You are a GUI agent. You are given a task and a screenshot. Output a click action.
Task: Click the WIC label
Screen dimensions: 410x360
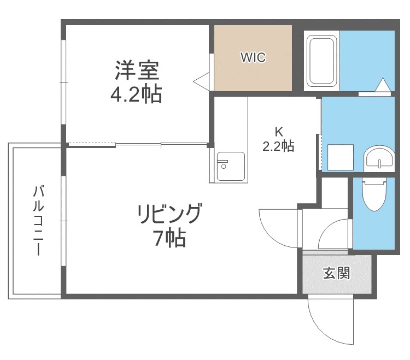point(253,57)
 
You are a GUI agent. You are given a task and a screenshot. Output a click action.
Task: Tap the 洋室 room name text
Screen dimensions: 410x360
point(137,70)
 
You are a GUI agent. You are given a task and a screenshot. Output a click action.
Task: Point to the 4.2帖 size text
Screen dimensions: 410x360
point(136,94)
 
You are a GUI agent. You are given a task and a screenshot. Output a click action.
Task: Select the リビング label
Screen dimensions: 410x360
point(170,214)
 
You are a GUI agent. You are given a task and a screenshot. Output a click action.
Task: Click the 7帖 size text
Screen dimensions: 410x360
point(170,238)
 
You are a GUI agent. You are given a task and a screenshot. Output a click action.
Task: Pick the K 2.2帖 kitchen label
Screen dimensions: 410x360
point(278,139)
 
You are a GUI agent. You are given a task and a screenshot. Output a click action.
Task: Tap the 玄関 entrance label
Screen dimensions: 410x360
point(337,273)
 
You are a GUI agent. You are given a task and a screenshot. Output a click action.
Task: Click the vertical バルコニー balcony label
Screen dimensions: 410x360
point(38,220)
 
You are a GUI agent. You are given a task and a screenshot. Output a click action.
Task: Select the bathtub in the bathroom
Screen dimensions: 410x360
point(321,61)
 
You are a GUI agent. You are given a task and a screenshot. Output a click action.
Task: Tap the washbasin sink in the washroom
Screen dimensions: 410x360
point(379,158)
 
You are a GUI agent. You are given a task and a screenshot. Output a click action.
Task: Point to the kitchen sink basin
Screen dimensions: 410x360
point(231,167)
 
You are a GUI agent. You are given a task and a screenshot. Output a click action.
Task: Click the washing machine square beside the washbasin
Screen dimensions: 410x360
point(341,157)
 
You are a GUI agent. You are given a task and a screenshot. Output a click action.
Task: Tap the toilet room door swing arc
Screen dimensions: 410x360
point(327,230)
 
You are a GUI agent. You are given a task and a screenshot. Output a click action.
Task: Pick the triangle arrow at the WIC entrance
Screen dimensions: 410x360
point(201,81)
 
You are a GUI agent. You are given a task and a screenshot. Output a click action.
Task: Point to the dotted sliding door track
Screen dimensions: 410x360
point(92,144)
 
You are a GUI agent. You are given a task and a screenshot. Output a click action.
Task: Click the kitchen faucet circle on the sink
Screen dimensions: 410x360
point(224,166)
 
